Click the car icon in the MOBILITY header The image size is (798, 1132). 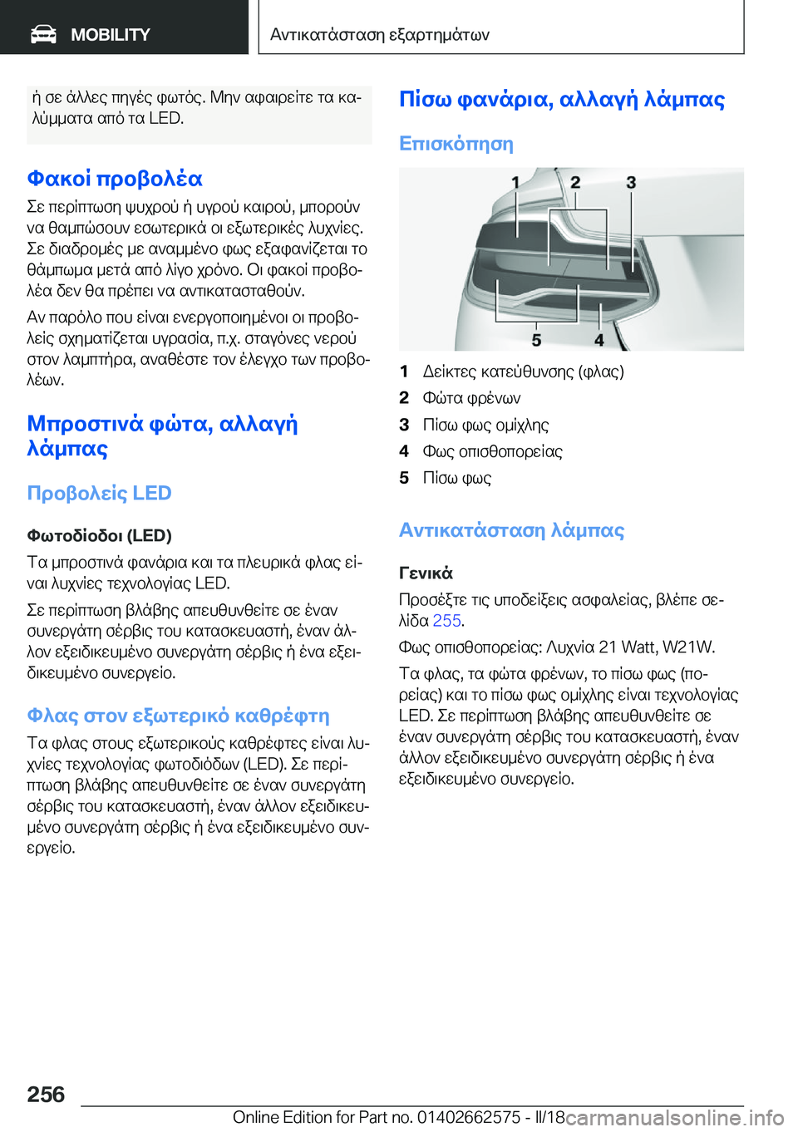pos(43,34)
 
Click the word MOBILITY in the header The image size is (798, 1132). pos(110,35)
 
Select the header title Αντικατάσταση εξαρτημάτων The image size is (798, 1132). pos(379,35)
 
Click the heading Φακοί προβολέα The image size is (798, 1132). pos(115,179)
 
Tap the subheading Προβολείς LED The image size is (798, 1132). pos(99,493)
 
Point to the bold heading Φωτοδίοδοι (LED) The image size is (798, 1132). pos(99,535)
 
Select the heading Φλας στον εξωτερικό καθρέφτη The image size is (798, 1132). pos(178,716)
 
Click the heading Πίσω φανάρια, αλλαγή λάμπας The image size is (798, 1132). pos(561,99)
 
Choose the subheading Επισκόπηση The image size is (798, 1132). pos(456,144)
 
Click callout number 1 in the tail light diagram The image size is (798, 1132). pos(515,182)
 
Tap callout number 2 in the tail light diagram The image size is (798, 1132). pos(575,182)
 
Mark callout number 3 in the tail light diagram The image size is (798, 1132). pos(631,182)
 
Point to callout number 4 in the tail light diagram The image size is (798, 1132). pos(598,340)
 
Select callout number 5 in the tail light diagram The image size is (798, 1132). pos(536,340)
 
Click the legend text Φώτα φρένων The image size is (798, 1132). pos(471,398)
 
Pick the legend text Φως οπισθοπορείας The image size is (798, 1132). pos(492,451)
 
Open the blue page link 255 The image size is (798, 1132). pos(446,621)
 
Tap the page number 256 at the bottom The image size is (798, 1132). pos(46,1095)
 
